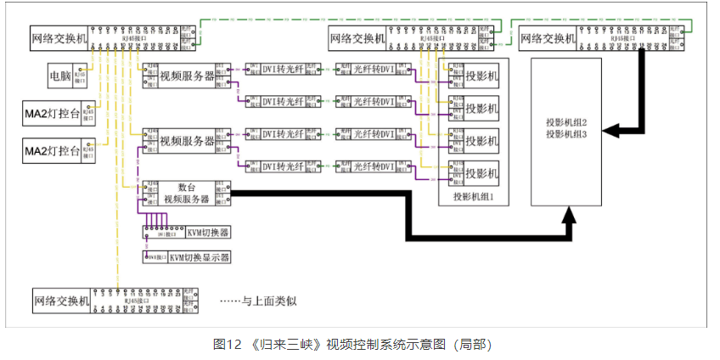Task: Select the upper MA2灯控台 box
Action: [x=53, y=112]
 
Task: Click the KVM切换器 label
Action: [x=208, y=232]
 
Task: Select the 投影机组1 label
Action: [x=474, y=196]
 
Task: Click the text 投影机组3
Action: [x=568, y=135]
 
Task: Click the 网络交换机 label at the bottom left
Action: [x=60, y=299]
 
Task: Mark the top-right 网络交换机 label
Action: [x=548, y=37]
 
